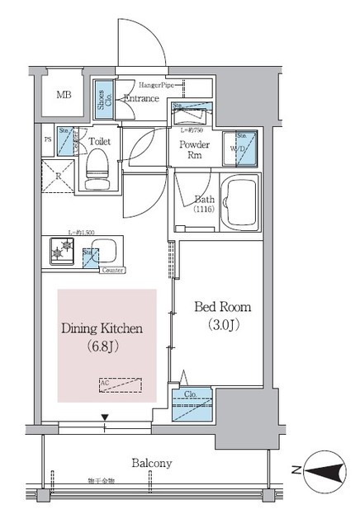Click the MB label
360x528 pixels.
pos(64,95)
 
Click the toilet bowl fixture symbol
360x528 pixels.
pos(97,164)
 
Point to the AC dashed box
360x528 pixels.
pos(119,384)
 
